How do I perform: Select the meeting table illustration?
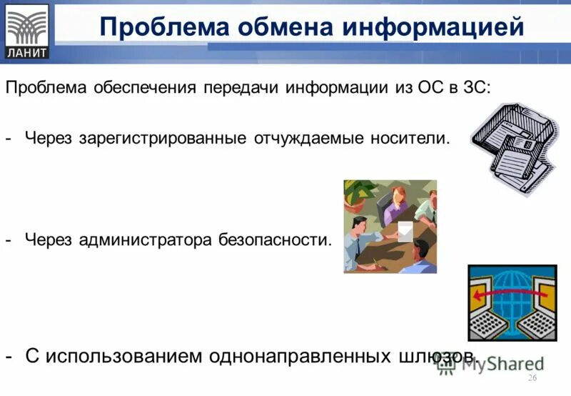(390, 227)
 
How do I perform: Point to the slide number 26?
(531, 378)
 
